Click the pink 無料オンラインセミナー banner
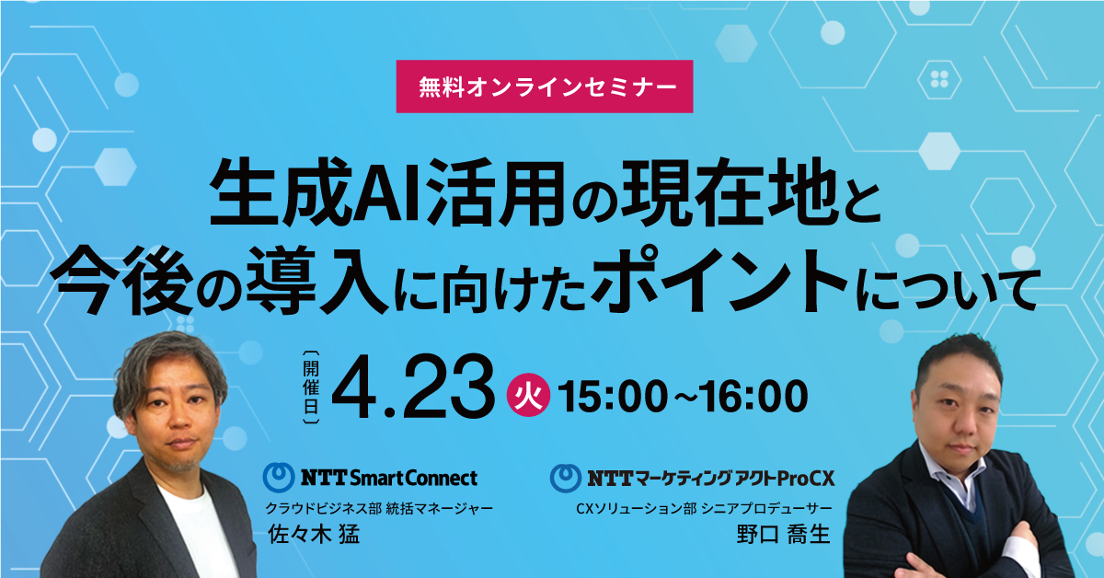(545, 87)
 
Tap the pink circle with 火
(528, 395)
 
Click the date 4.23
(413, 387)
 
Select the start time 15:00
(613, 396)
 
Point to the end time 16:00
(753, 396)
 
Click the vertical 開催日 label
(311, 387)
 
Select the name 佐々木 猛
(314, 534)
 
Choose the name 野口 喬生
(784, 534)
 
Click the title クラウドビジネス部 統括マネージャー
(379, 508)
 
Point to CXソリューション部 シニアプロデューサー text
(705, 508)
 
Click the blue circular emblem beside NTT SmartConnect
(279, 478)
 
